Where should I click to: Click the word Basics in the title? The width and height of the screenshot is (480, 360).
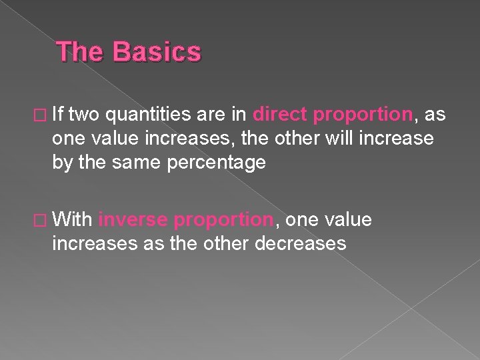(x=157, y=52)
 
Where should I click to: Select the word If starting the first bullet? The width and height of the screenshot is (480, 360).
(x=73, y=115)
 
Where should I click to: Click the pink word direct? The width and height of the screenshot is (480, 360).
(x=280, y=115)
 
